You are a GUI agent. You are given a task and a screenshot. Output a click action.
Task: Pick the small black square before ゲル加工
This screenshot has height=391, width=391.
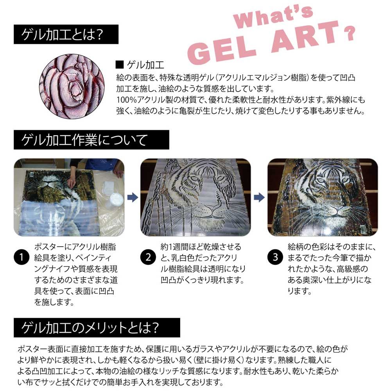coord(120,64)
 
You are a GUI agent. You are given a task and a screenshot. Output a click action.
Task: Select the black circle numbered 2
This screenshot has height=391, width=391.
coord(147,257)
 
